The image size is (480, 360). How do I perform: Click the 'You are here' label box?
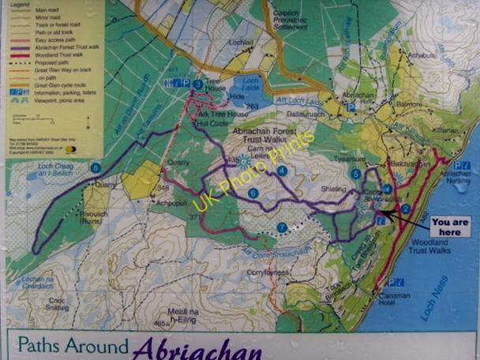(x=450, y=227)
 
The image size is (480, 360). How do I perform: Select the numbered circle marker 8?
(x=96, y=167)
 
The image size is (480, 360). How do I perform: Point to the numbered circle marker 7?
(x=282, y=227)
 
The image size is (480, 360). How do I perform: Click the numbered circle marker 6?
(x=253, y=193)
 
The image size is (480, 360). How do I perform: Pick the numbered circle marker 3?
(x=198, y=84)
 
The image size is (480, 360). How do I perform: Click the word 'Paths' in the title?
(x=45, y=346)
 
